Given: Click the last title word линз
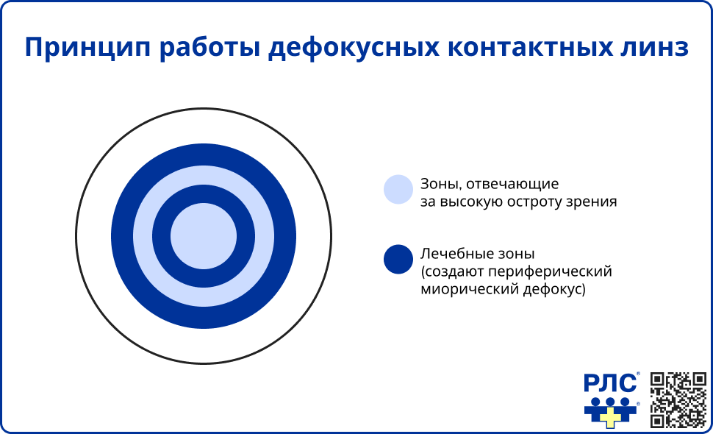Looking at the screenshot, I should coord(655,46).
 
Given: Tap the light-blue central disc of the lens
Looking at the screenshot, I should coord(204,236).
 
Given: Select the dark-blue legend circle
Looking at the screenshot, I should coord(398,259).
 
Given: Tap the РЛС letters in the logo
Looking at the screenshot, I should coord(610,384).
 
